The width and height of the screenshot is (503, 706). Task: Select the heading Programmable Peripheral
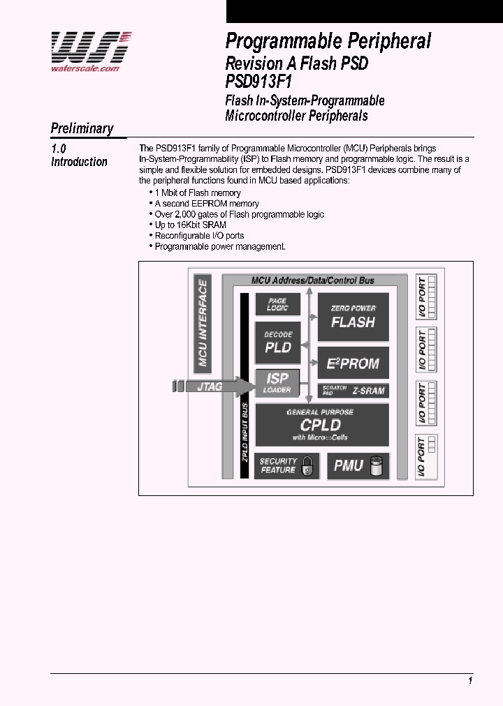pyautogui.click(x=328, y=41)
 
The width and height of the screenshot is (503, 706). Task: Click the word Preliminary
pyautogui.click(x=82, y=128)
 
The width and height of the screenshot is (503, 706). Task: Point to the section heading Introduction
pyautogui.click(x=80, y=162)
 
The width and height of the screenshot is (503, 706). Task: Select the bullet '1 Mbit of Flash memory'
pyautogui.click(x=197, y=193)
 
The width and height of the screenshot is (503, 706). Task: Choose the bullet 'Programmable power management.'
pyautogui.click(x=219, y=246)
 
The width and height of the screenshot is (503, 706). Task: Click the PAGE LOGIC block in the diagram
pyautogui.click(x=277, y=304)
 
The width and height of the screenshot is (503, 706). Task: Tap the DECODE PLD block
pyautogui.click(x=277, y=343)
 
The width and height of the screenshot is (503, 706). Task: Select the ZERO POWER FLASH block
pyautogui.click(x=353, y=317)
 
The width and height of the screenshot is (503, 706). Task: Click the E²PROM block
pyautogui.click(x=353, y=363)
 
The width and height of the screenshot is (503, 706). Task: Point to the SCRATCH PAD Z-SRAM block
pyautogui.click(x=353, y=391)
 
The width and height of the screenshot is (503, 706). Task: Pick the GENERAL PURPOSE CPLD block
pyautogui.click(x=321, y=424)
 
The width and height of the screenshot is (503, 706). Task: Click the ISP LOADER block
pyautogui.click(x=277, y=383)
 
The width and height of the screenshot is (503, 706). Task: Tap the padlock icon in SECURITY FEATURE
pyautogui.click(x=306, y=468)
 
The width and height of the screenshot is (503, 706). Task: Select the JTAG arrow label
pyautogui.click(x=210, y=386)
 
